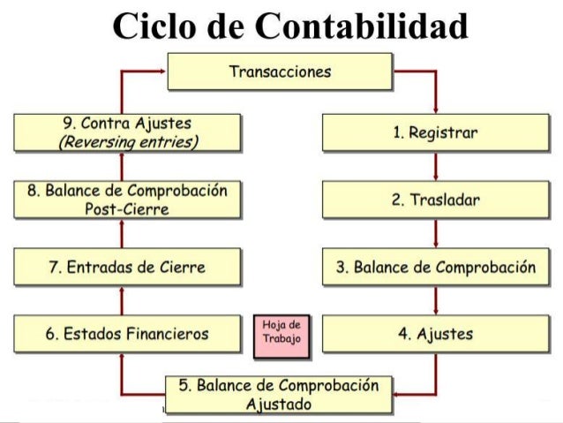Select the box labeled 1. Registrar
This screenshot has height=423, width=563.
pyautogui.click(x=435, y=133)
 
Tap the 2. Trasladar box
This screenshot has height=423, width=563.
pyautogui.click(x=435, y=200)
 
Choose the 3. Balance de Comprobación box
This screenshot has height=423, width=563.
pyautogui.click(x=435, y=268)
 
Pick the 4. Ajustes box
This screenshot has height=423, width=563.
pyautogui.click(x=435, y=335)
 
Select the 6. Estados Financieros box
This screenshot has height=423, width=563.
pyautogui.click(x=127, y=334)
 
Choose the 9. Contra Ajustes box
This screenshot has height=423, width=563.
pyautogui.click(x=127, y=133)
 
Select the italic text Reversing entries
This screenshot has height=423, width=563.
pyautogui.click(x=127, y=143)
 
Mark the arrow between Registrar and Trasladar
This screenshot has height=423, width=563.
pyautogui.click(x=436, y=167)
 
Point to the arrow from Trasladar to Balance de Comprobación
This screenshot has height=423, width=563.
pyautogui.click(x=436, y=234)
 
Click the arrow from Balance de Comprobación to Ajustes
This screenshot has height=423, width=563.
pyautogui.click(x=436, y=301)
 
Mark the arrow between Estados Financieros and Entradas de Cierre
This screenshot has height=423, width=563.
pyautogui.click(x=122, y=301)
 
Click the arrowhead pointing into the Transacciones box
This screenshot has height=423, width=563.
pyautogui.click(x=162, y=72)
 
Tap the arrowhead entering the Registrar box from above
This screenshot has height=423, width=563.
pyautogui.click(x=436, y=111)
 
